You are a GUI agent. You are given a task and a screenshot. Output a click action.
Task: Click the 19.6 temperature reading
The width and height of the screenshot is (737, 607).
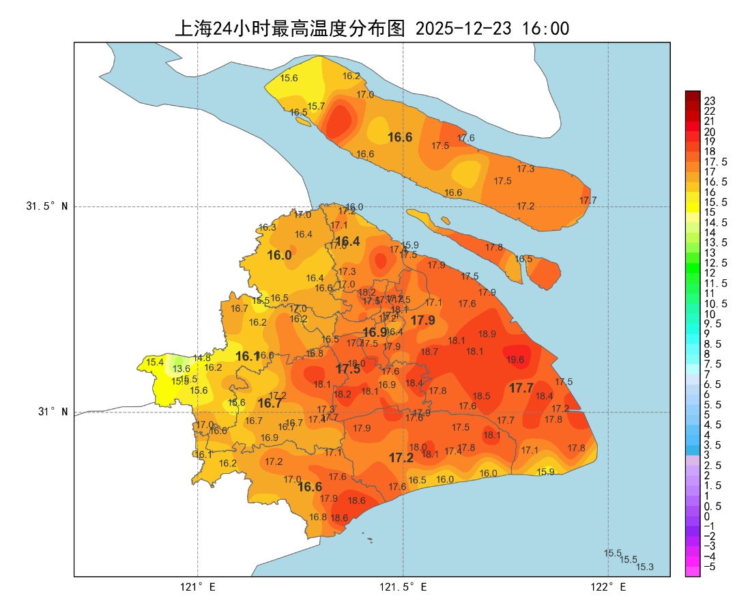pyautogui.click(x=515, y=360)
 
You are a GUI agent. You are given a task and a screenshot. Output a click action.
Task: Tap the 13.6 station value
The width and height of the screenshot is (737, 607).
pyautogui.click(x=182, y=369)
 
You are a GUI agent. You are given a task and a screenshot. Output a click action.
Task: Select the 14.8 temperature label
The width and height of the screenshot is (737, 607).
pyautogui.click(x=202, y=358)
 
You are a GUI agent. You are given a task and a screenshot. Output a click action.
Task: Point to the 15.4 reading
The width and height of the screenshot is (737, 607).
pyautogui.click(x=155, y=362)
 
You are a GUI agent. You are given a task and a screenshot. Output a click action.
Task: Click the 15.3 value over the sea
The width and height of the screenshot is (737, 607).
pyautogui.click(x=645, y=567)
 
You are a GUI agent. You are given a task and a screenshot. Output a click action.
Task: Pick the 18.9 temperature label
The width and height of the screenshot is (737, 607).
pyautogui.click(x=487, y=335)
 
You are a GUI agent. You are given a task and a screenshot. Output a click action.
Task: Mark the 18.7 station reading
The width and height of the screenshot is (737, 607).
pyautogui.click(x=429, y=352)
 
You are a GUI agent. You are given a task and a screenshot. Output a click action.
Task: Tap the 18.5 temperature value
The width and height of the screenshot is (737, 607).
pyautogui.click(x=482, y=396)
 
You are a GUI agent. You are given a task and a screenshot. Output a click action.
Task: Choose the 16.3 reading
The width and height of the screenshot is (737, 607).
pyautogui.click(x=267, y=227)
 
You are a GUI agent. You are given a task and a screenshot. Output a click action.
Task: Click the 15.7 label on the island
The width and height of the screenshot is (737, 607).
pyautogui.click(x=316, y=107)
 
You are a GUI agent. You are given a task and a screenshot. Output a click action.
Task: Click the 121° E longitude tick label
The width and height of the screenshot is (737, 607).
pyautogui.click(x=198, y=587)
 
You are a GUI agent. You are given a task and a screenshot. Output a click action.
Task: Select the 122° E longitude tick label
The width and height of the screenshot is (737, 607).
pyautogui.click(x=608, y=587)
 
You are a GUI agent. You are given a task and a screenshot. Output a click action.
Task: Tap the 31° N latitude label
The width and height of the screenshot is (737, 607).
pyautogui.click(x=51, y=412)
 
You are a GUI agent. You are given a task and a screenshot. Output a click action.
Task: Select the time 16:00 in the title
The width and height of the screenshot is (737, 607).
pyautogui.click(x=545, y=29)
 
